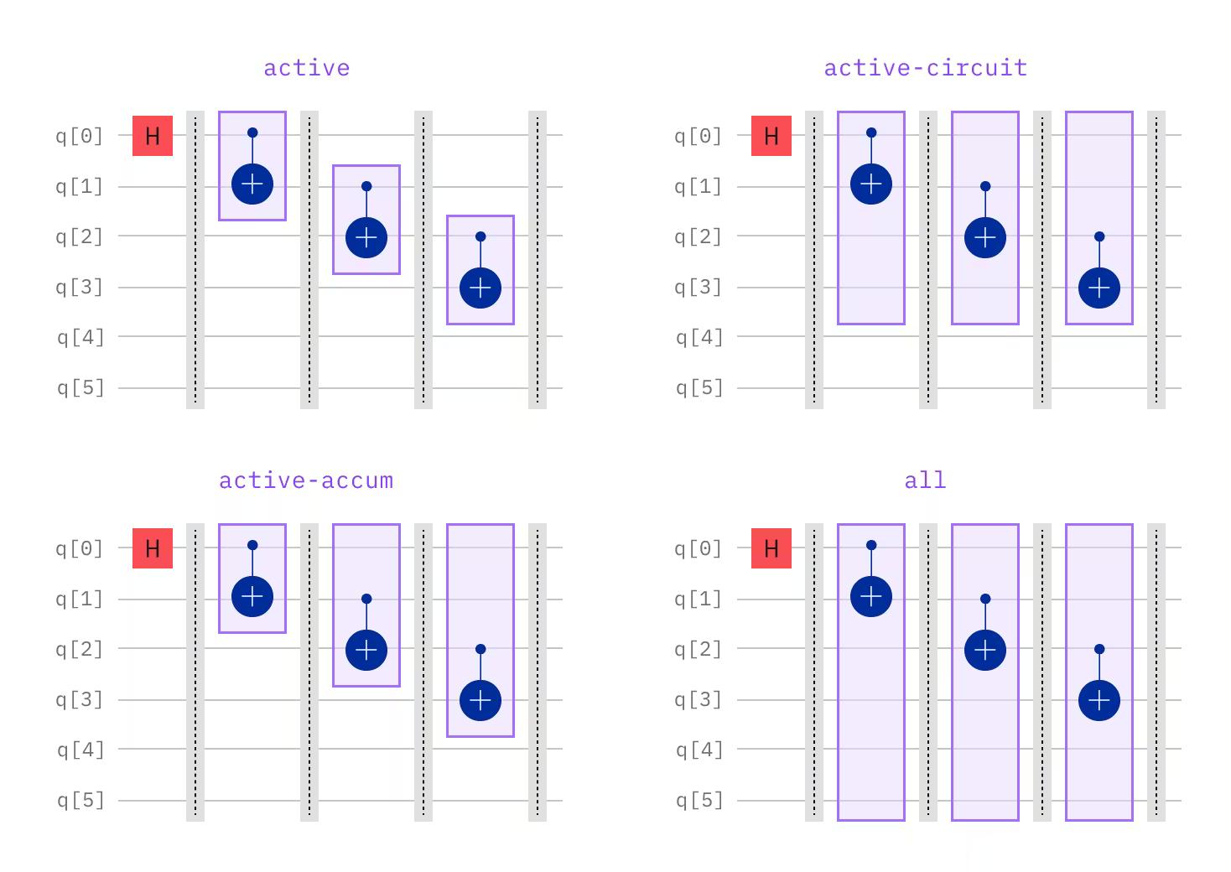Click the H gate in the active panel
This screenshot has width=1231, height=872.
click(x=153, y=136)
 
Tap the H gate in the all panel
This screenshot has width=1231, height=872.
click(x=771, y=548)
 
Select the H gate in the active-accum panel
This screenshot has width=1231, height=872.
click(x=153, y=548)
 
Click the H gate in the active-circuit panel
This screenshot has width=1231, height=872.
click(x=771, y=136)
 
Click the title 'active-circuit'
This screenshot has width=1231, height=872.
click(x=926, y=67)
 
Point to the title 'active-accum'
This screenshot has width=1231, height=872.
click(x=306, y=480)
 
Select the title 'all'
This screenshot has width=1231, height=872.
click(x=925, y=480)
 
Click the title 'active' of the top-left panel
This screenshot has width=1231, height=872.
click(x=307, y=67)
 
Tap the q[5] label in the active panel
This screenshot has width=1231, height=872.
click(x=81, y=388)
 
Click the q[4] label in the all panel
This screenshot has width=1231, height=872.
click(x=699, y=750)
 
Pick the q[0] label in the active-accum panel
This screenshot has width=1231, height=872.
click(x=80, y=548)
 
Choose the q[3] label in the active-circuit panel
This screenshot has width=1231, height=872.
click(x=699, y=288)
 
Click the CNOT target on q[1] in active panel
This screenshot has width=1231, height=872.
click(x=252, y=184)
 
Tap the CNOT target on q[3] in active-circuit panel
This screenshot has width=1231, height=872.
click(x=1099, y=288)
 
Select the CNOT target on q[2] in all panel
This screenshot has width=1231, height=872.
click(x=985, y=651)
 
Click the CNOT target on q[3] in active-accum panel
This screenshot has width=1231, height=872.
click(x=480, y=700)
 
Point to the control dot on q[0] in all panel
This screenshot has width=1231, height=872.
click(x=871, y=546)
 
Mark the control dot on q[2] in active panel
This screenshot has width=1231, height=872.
click(x=480, y=237)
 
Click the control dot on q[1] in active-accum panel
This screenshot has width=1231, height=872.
click(x=366, y=599)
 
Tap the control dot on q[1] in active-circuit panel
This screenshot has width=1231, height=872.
click(x=985, y=186)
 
